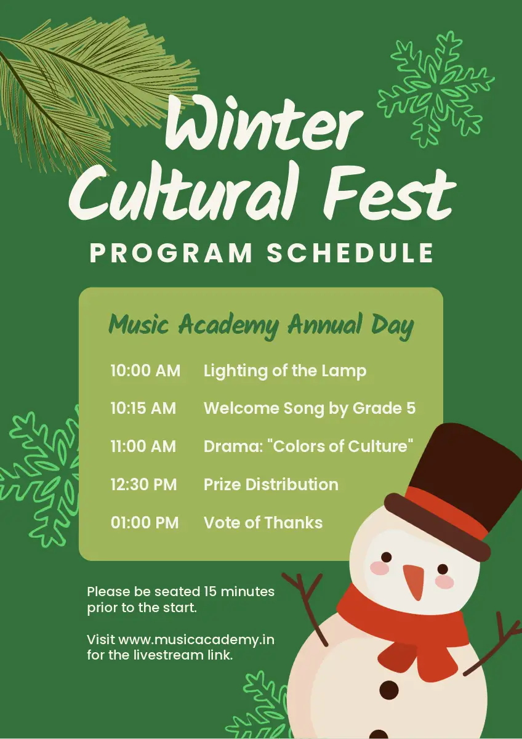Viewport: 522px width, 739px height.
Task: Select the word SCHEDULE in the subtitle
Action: click(x=350, y=252)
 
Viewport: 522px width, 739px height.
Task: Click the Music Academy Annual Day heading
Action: click(x=261, y=325)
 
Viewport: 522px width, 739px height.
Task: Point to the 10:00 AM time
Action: click(x=145, y=371)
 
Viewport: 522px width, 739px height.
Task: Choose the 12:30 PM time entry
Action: click(x=144, y=484)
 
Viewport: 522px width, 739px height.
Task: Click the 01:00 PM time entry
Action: click(x=145, y=523)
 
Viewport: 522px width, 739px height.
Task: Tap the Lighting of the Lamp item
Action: click(x=285, y=371)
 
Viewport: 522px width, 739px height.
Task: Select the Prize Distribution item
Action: click(x=271, y=484)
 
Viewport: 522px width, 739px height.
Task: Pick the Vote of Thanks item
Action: click(x=263, y=523)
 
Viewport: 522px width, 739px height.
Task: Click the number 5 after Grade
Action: click(x=411, y=408)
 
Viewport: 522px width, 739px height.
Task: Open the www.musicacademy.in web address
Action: click(x=196, y=640)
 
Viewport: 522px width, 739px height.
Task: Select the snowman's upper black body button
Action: click(x=389, y=690)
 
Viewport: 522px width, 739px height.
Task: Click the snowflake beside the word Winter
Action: click(x=436, y=90)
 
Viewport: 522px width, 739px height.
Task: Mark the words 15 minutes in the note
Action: click(x=239, y=592)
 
